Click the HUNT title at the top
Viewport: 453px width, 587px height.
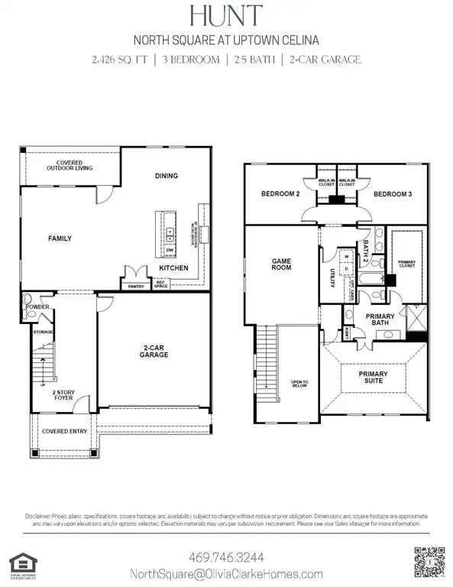pyautogui.click(x=226, y=15)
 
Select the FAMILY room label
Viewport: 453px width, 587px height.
pyautogui.click(x=60, y=238)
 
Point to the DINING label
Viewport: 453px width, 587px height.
pyautogui.click(x=167, y=176)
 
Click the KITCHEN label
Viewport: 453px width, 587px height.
pyautogui.click(x=169, y=268)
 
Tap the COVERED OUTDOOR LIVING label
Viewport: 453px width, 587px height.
pyautogui.click(x=69, y=165)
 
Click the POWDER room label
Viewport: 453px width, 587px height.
pyautogui.click(x=37, y=307)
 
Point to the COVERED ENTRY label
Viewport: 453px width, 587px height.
pyautogui.click(x=62, y=432)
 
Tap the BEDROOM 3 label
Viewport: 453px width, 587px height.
pyautogui.click(x=393, y=195)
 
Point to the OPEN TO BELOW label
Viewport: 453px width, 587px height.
pyautogui.click(x=299, y=384)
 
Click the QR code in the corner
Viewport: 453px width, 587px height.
pyautogui.click(x=428, y=562)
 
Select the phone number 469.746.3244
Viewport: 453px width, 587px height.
pyautogui.click(x=226, y=556)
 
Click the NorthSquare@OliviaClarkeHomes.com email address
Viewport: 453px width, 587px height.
pyautogui.click(x=226, y=574)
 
